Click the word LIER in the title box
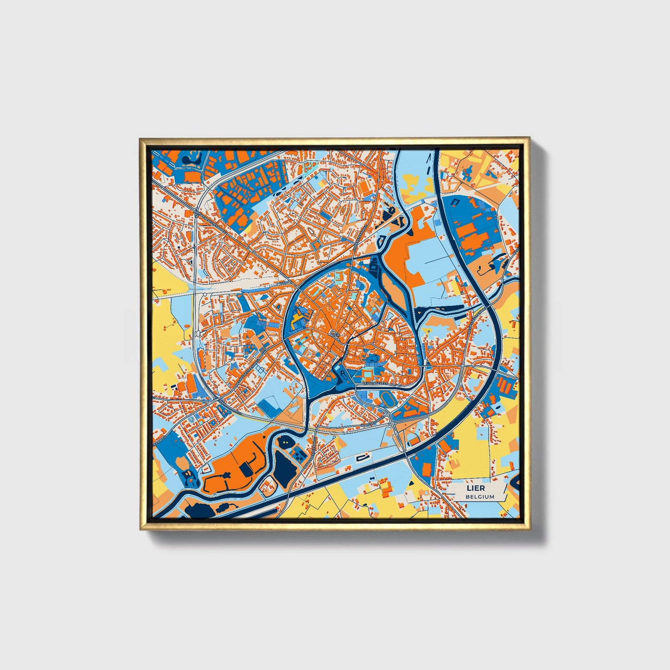(477, 488)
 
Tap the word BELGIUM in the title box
(480, 497)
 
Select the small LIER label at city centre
(335, 333)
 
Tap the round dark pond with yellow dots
(284, 443)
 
